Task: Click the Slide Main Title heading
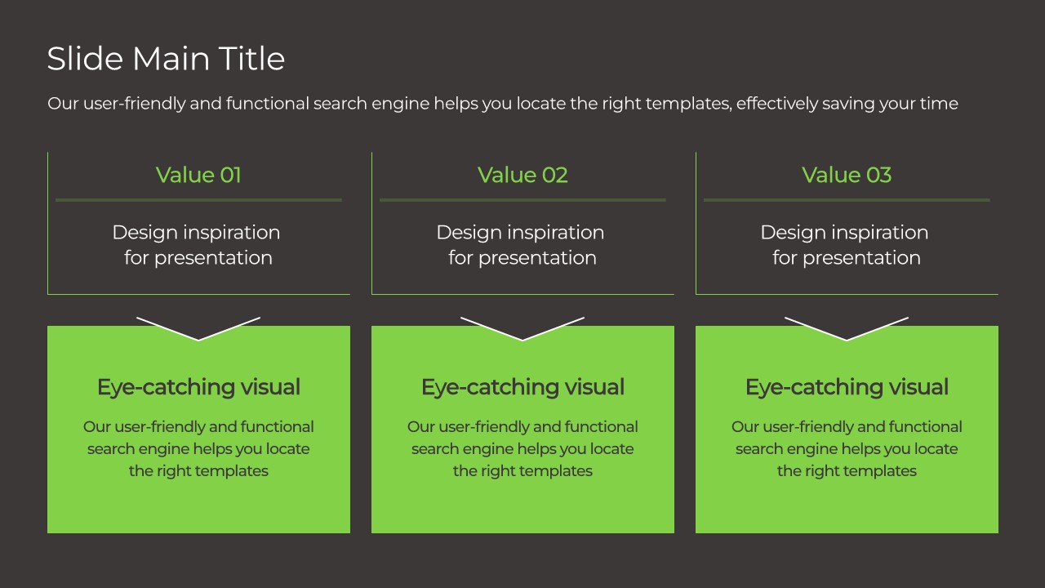pyautogui.click(x=166, y=59)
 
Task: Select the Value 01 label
pyautogui.click(x=198, y=175)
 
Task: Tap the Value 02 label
pyautogui.click(x=522, y=175)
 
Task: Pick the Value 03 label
pyautogui.click(x=847, y=175)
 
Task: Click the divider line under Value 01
pyautogui.click(x=198, y=199)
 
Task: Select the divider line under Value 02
pyautogui.click(x=522, y=199)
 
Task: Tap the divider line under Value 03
pyautogui.click(x=847, y=199)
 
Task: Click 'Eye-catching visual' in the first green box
pyautogui.click(x=198, y=387)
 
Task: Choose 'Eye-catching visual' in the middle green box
pyautogui.click(x=522, y=387)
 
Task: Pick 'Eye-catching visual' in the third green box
pyautogui.click(x=847, y=387)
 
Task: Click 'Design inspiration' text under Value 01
pyautogui.click(x=196, y=233)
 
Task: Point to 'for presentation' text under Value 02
pyautogui.click(x=522, y=258)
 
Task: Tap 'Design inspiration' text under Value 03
pyautogui.click(x=844, y=233)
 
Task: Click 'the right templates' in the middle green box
pyautogui.click(x=522, y=471)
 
